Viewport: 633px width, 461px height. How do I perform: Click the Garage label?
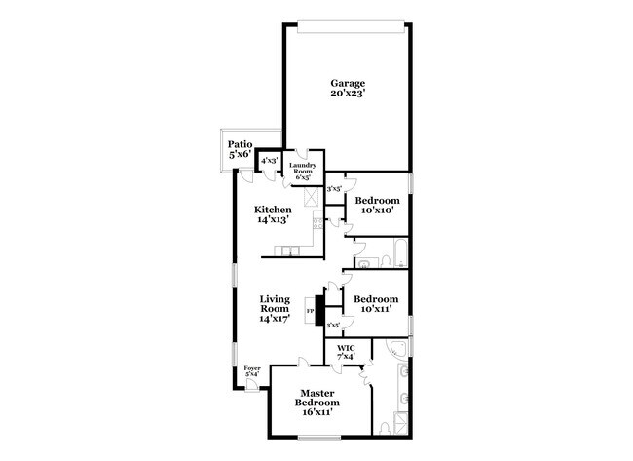click(347, 84)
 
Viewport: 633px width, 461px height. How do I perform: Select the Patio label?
click(240, 143)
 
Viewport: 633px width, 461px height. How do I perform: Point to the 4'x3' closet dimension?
click(270, 160)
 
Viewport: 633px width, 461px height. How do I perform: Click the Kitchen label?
click(273, 210)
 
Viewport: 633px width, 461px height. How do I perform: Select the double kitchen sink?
click(288, 252)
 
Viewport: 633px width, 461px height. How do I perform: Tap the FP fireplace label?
click(311, 312)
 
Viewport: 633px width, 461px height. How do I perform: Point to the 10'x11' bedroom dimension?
click(375, 309)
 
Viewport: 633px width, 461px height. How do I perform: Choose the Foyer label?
click(251, 368)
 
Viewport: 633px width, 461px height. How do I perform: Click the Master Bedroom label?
click(317, 398)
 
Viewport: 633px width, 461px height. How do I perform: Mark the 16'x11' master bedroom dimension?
click(317, 412)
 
